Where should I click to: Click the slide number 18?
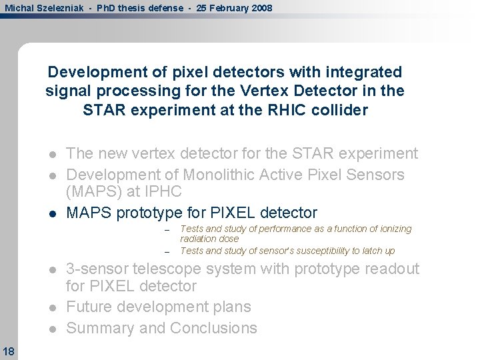pos(9,351)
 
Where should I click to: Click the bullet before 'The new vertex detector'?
pos(53,154)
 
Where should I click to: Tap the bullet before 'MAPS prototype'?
pos(53,213)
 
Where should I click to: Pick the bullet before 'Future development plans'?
pos(53,307)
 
